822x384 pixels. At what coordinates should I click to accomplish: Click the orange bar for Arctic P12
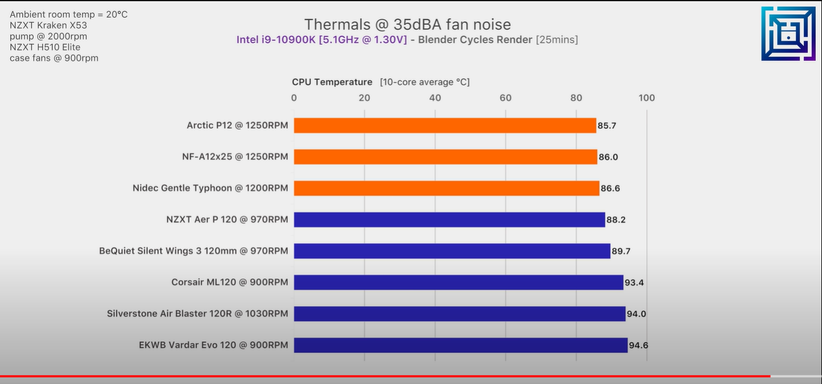point(445,125)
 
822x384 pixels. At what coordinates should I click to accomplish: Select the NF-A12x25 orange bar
point(445,157)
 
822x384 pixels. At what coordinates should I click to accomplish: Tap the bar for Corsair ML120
point(458,282)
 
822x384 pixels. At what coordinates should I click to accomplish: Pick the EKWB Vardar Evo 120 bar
point(461,345)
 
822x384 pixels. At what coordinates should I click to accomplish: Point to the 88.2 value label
point(616,220)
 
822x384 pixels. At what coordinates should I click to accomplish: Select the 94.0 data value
point(637,314)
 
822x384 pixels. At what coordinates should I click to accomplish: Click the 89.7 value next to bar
point(621,251)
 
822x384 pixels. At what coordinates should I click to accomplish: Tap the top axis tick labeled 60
point(505,98)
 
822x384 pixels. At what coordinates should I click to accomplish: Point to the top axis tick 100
point(646,98)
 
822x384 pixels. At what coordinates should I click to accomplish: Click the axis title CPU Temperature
point(332,82)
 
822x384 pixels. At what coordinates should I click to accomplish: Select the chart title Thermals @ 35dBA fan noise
point(407,24)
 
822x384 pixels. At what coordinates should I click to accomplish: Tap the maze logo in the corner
point(788,33)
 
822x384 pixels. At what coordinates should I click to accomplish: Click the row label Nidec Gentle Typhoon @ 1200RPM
point(210,188)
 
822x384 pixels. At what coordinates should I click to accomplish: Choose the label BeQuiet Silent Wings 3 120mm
point(193,251)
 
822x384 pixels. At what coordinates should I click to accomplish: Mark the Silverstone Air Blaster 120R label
point(198,314)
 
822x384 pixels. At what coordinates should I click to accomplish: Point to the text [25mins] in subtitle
point(557,40)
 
